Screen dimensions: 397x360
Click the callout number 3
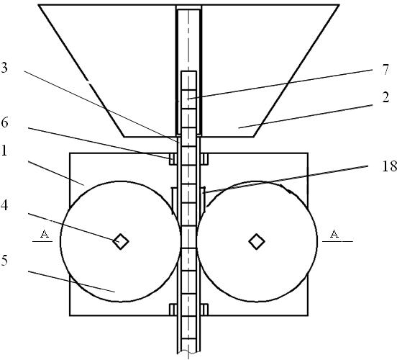coord(4,68)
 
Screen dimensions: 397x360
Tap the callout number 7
coord(385,70)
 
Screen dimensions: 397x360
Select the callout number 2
coord(385,97)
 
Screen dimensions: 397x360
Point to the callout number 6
coord(4,122)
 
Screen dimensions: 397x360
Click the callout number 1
coord(4,151)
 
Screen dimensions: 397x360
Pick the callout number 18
coord(389,166)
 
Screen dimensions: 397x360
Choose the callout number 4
coord(4,205)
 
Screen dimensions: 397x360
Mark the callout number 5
coord(4,260)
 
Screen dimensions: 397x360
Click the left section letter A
coord(45,234)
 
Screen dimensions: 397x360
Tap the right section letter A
coord(334,234)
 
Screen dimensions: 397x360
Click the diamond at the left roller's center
coord(121,241)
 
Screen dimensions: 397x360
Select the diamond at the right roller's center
coord(257,241)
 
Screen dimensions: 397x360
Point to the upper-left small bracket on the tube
coord(173,159)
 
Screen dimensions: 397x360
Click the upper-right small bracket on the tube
coord(204,159)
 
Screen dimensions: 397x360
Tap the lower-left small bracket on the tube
coord(173,310)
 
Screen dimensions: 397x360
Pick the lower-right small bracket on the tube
coord(204,310)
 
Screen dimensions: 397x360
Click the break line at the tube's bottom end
coord(188,352)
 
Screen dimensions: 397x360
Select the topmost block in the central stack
coord(188,80)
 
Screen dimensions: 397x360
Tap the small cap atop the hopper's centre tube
coord(188,7)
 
